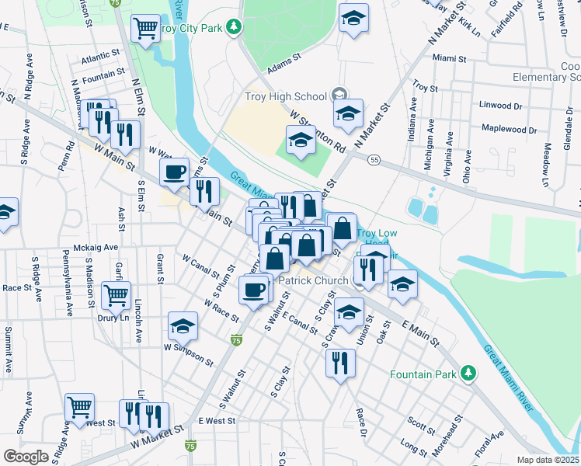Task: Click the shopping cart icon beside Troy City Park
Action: coord(145,30)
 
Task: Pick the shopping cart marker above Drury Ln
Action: coord(116,294)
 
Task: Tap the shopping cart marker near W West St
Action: coord(79,406)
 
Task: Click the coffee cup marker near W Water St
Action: coord(175,171)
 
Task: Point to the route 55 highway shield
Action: coord(374,159)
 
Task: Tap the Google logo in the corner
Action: coord(25,456)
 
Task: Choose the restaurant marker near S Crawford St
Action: coord(340,363)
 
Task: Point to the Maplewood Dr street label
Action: coord(509,129)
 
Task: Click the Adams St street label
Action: coord(283,69)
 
